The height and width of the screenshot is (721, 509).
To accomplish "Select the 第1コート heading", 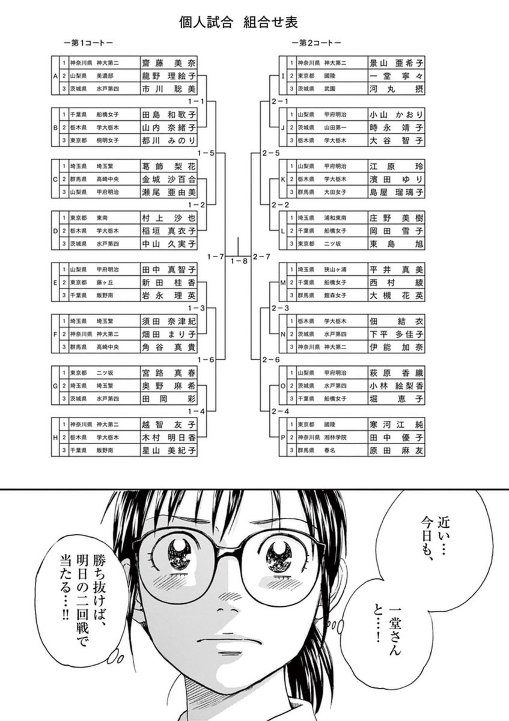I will click(88, 43).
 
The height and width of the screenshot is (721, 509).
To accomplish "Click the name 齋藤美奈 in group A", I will click(168, 62).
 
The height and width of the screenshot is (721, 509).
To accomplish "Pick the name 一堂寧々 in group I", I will click(396, 76).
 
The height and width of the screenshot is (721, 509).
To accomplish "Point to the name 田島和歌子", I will click(168, 114).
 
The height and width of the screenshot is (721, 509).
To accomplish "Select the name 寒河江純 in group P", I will click(396, 425).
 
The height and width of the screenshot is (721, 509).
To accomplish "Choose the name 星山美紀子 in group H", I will click(168, 450).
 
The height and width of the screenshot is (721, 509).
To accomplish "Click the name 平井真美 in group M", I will click(396, 270).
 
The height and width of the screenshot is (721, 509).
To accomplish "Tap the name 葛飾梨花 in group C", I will click(168, 166).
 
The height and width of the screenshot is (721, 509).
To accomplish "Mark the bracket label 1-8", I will click(239, 261).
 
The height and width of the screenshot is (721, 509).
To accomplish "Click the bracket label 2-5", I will click(270, 153).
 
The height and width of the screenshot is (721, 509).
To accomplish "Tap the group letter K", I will click(282, 179).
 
